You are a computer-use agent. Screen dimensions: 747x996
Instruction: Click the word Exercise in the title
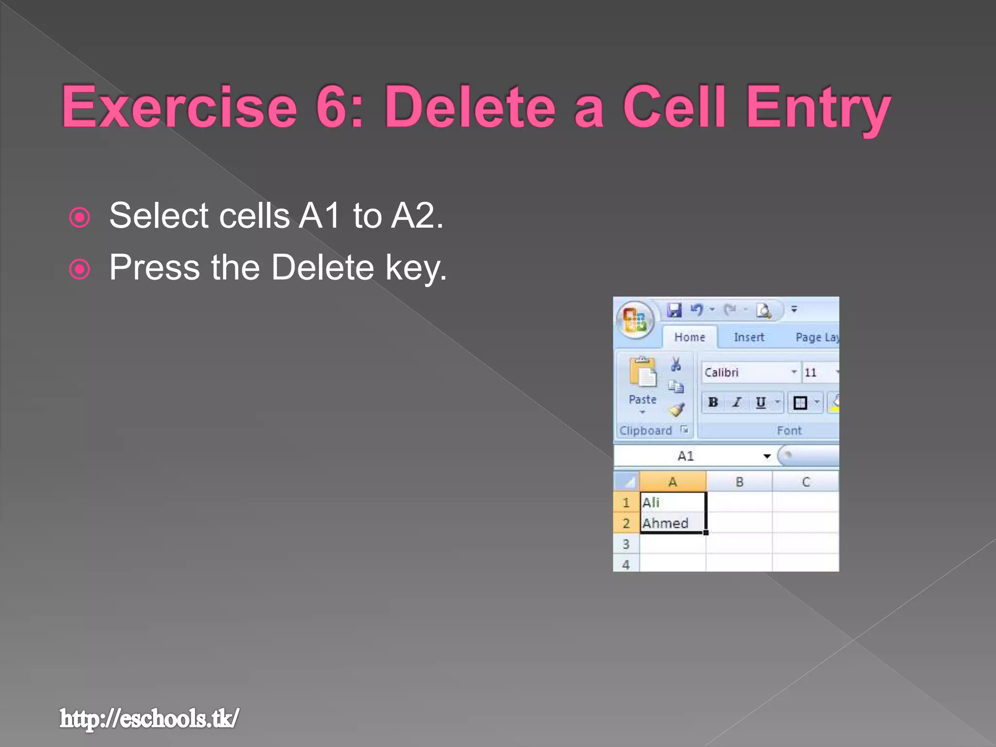coord(179,107)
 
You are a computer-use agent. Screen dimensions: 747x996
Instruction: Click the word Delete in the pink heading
coord(470,107)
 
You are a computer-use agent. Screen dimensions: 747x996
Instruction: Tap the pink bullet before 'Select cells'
coord(80,217)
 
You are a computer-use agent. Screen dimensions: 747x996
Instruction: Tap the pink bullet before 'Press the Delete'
coord(80,269)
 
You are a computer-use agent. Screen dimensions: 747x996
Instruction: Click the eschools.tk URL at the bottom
coord(149,718)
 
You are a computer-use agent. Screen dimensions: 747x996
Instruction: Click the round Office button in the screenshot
coord(635,320)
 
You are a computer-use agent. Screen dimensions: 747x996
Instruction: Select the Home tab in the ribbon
coord(689,337)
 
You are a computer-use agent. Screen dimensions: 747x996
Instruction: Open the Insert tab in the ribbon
coord(748,337)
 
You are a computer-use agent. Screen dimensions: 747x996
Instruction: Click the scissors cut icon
coord(676,364)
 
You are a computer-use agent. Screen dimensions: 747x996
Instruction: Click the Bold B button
coord(713,402)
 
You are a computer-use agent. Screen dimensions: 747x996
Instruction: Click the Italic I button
coord(737,402)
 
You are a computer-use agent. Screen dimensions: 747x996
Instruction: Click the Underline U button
coord(761,402)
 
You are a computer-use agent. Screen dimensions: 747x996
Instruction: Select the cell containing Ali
coord(673,502)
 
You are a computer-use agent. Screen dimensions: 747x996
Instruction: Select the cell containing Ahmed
coord(673,523)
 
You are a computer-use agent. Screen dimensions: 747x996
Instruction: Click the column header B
coord(739,482)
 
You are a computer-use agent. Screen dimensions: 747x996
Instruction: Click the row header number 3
coord(626,544)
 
